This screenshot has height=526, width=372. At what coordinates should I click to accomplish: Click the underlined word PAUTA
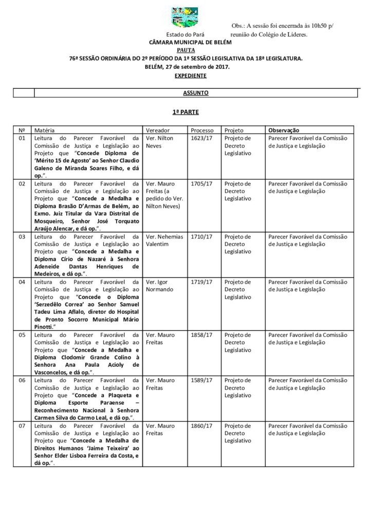pyautogui.click(x=185, y=51)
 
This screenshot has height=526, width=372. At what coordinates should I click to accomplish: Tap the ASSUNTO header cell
pyautogui.click(x=195, y=93)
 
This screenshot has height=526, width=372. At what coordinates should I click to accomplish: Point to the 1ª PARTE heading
pyautogui.click(x=185, y=111)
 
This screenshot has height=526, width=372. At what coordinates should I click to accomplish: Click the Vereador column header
pyautogui.click(x=158, y=130)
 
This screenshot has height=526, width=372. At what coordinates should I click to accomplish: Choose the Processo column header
pyautogui.click(x=202, y=130)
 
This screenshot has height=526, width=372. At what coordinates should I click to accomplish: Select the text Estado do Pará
pyautogui.click(x=189, y=34)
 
